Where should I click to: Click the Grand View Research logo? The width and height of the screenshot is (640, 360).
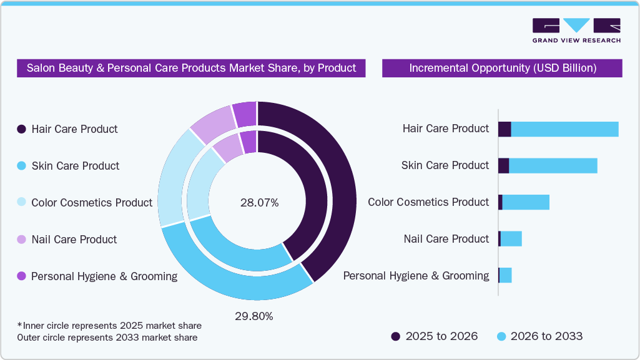coord(576,31)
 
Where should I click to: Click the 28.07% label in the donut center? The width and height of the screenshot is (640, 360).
coord(259,203)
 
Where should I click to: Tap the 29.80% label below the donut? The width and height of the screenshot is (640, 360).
coord(254,316)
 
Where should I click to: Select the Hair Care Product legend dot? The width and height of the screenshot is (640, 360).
coord(21,129)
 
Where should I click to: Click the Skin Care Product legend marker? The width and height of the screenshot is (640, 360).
coord(21,166)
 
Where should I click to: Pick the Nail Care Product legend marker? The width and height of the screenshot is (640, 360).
coord(21,240)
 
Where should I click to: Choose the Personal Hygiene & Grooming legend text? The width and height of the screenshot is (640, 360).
coord(104,276)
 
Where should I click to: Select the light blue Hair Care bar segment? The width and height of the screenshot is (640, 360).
coord(564,129)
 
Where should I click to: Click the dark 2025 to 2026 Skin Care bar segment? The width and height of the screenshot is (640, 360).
coord(503,166)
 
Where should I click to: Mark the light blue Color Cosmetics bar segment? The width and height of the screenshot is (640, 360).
coord(525,202)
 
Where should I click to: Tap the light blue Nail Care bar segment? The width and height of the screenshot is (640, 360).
coord(511,239)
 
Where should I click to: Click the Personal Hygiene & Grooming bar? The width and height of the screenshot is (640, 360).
coord(506,276)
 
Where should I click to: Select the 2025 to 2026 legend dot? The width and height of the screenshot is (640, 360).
coord(395,337)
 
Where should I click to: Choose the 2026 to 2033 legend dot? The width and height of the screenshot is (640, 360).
coord(501,337)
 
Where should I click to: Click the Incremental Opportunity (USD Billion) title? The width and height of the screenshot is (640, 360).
coord(502,68)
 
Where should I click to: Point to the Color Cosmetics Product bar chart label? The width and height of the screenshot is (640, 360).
coord(428,202)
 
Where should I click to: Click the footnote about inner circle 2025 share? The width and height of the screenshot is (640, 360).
coord(109,326)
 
